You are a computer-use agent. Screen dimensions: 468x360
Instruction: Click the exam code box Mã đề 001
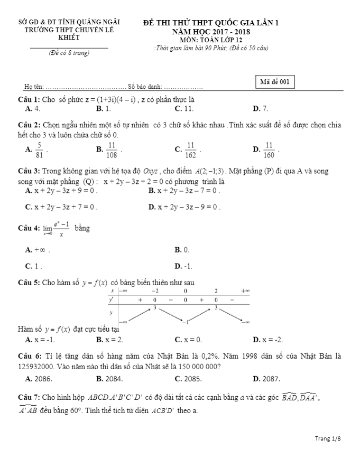point(274,82)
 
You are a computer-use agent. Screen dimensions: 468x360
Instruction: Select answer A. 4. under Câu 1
point(33,109)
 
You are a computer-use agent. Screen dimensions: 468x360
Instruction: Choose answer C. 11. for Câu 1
point(184,109)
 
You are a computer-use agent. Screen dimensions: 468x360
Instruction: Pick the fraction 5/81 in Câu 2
point(39,149)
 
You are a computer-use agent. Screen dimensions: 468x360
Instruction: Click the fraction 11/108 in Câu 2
point(112,149)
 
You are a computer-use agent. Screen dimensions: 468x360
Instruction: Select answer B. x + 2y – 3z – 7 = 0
point(184,190)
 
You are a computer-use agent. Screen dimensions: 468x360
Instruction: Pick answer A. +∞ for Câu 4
point(38,249)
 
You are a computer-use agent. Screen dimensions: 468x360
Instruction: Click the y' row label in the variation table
point(112,299)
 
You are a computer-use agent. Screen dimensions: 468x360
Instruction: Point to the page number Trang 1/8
point(328,438)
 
